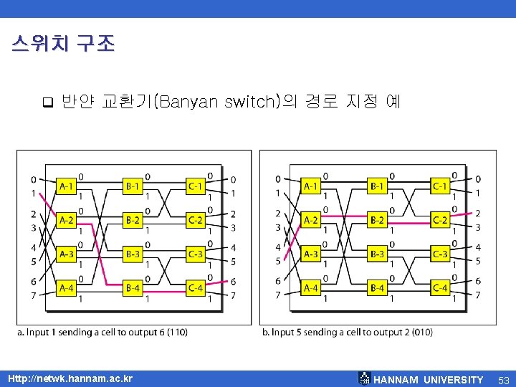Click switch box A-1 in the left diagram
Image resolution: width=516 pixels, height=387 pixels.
click(66, 186)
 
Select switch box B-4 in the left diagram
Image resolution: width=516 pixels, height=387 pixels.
click(133, 288)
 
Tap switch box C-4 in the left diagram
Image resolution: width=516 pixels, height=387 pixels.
click(195, 288)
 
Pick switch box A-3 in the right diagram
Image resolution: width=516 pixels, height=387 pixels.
click(311, 254)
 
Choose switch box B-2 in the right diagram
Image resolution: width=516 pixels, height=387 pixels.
click(377, 220)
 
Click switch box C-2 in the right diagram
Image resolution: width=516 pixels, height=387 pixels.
click(440, 220)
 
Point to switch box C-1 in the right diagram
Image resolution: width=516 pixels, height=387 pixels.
click(440, 186)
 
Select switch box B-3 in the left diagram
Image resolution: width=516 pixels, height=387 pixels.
click(133, 254)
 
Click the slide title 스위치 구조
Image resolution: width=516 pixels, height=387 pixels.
click(63, 44)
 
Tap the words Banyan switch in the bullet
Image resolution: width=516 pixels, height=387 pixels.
click(214, 101)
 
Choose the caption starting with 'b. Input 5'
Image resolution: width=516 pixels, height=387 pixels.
click(348, 332)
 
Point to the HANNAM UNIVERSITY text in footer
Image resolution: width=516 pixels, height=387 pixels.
click(429, 379)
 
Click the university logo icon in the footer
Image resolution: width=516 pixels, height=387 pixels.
click(364, 378)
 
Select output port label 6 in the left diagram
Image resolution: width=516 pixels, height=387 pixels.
click(234, 281)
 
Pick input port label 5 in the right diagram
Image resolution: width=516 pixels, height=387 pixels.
click(278, 261)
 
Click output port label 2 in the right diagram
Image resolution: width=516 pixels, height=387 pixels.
click(478, 213)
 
